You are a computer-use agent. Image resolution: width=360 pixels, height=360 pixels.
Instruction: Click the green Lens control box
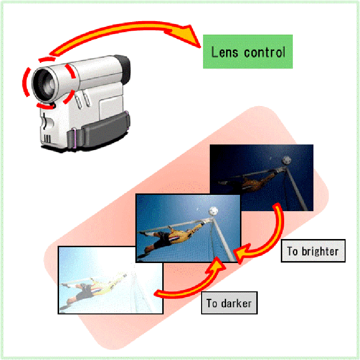click(x=248, y=51)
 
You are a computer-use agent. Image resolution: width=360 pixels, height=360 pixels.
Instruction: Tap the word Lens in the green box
click(x=225, y=52)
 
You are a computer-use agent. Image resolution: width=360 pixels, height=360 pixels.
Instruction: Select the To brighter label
click(x=313, y=251)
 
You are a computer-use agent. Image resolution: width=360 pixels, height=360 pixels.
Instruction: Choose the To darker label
click(x=229, y=303)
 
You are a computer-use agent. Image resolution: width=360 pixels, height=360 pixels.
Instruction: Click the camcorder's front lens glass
click(x=48, y=84)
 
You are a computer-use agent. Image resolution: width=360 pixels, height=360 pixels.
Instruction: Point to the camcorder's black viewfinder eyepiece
click(x=123, y=69)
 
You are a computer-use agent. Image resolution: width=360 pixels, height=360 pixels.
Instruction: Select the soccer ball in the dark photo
click(x=287, y=160)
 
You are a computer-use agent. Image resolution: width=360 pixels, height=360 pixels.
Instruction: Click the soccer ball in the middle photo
click(x=214, y=211)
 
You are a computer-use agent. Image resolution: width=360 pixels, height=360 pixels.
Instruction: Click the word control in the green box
click(x=264, y=52)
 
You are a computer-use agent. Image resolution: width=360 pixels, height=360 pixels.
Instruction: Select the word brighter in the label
click(x=320, y=251)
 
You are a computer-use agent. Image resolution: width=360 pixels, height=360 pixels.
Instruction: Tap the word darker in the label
click(x=236, y=303)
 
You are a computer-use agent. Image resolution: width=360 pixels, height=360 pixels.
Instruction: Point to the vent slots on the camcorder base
click(x=48, y=139)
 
